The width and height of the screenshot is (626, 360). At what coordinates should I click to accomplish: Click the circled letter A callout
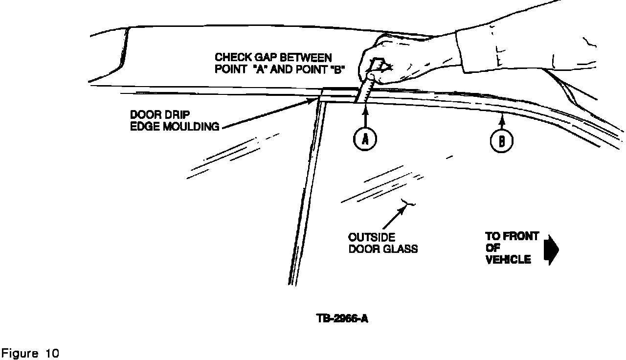pyautogui.click(x=365, y=139)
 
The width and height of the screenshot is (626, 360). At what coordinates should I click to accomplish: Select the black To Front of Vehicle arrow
pyautogui.click(x=551, y=249)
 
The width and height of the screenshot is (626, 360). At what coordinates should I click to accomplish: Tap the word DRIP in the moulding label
pyautogui.click(x=179, y=114)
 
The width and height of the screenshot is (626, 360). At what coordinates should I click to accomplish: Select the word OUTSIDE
pyautogui.click(x=372, y=237)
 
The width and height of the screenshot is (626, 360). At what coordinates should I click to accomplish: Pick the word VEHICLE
pyautogui.click(x=508, y=260)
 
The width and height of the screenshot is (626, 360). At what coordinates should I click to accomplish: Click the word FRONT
pyautogui.click(x=521, y=236)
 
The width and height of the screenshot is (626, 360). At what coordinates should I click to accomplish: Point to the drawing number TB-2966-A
pyautogui.click(x=342, y=318)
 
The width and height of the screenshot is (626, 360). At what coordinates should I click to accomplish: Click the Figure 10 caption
pyautogui.click(x=30, y=353)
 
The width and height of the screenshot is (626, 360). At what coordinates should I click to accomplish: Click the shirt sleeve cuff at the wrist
pyautogui.click(x=461, y=51)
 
